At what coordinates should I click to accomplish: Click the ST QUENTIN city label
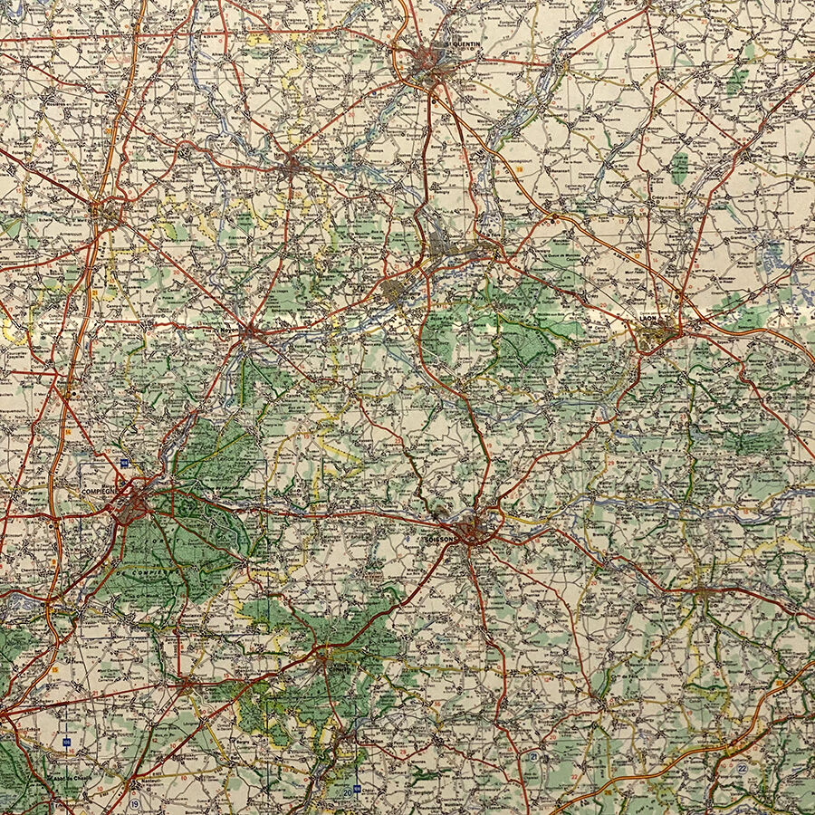467,43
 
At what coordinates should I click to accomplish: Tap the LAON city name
647,319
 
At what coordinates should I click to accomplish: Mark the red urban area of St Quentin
429,63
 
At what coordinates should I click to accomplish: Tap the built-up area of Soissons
471,528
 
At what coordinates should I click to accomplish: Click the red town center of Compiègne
131,503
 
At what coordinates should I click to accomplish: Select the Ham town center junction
291,167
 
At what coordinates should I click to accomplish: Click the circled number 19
134,803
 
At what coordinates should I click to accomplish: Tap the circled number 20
348,793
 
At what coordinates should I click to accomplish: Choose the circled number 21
534,756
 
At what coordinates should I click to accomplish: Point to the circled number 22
742,768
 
